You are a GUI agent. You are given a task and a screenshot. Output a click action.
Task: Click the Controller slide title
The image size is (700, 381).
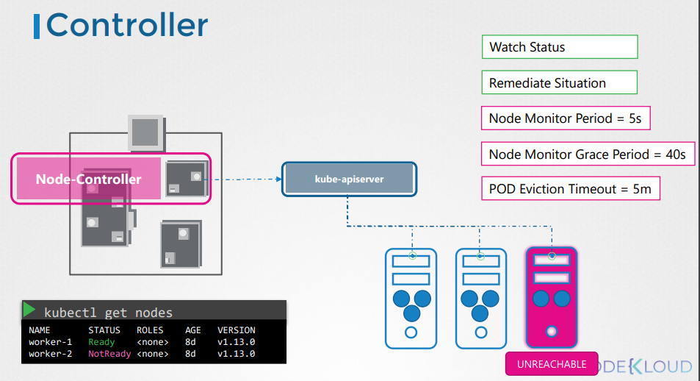click(127, 24)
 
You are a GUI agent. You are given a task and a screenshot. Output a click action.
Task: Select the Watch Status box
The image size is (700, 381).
click(558, 47)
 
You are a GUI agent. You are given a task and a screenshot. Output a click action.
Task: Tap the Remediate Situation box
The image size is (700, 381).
click(558, 82)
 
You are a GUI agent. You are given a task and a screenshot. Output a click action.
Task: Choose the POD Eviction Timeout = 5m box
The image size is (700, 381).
click(570, 189)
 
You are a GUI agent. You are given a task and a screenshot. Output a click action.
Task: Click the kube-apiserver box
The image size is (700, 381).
click(349, 179)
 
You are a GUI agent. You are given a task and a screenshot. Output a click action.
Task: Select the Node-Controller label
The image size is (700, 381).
click(89, 179)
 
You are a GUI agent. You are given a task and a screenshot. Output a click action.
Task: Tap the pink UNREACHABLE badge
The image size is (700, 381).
click(552, 364)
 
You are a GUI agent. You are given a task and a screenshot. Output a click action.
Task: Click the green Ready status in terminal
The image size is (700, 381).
click(101, 342)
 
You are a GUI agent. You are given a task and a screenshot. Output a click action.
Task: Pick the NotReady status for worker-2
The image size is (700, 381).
click(109, 354)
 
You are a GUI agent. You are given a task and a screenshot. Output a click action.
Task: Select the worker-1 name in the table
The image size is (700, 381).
click(50, 342)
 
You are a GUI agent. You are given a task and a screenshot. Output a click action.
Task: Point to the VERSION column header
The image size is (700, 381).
click(236, 330)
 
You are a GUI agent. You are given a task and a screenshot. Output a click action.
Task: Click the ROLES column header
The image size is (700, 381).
click(150, 330)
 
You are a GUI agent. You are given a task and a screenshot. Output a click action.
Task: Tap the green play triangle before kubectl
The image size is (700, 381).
click(29, 310)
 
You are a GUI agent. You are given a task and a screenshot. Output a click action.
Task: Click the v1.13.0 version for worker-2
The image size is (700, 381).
click(236, 354)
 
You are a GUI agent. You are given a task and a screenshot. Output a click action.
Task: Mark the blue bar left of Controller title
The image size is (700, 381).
click(37, 25)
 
